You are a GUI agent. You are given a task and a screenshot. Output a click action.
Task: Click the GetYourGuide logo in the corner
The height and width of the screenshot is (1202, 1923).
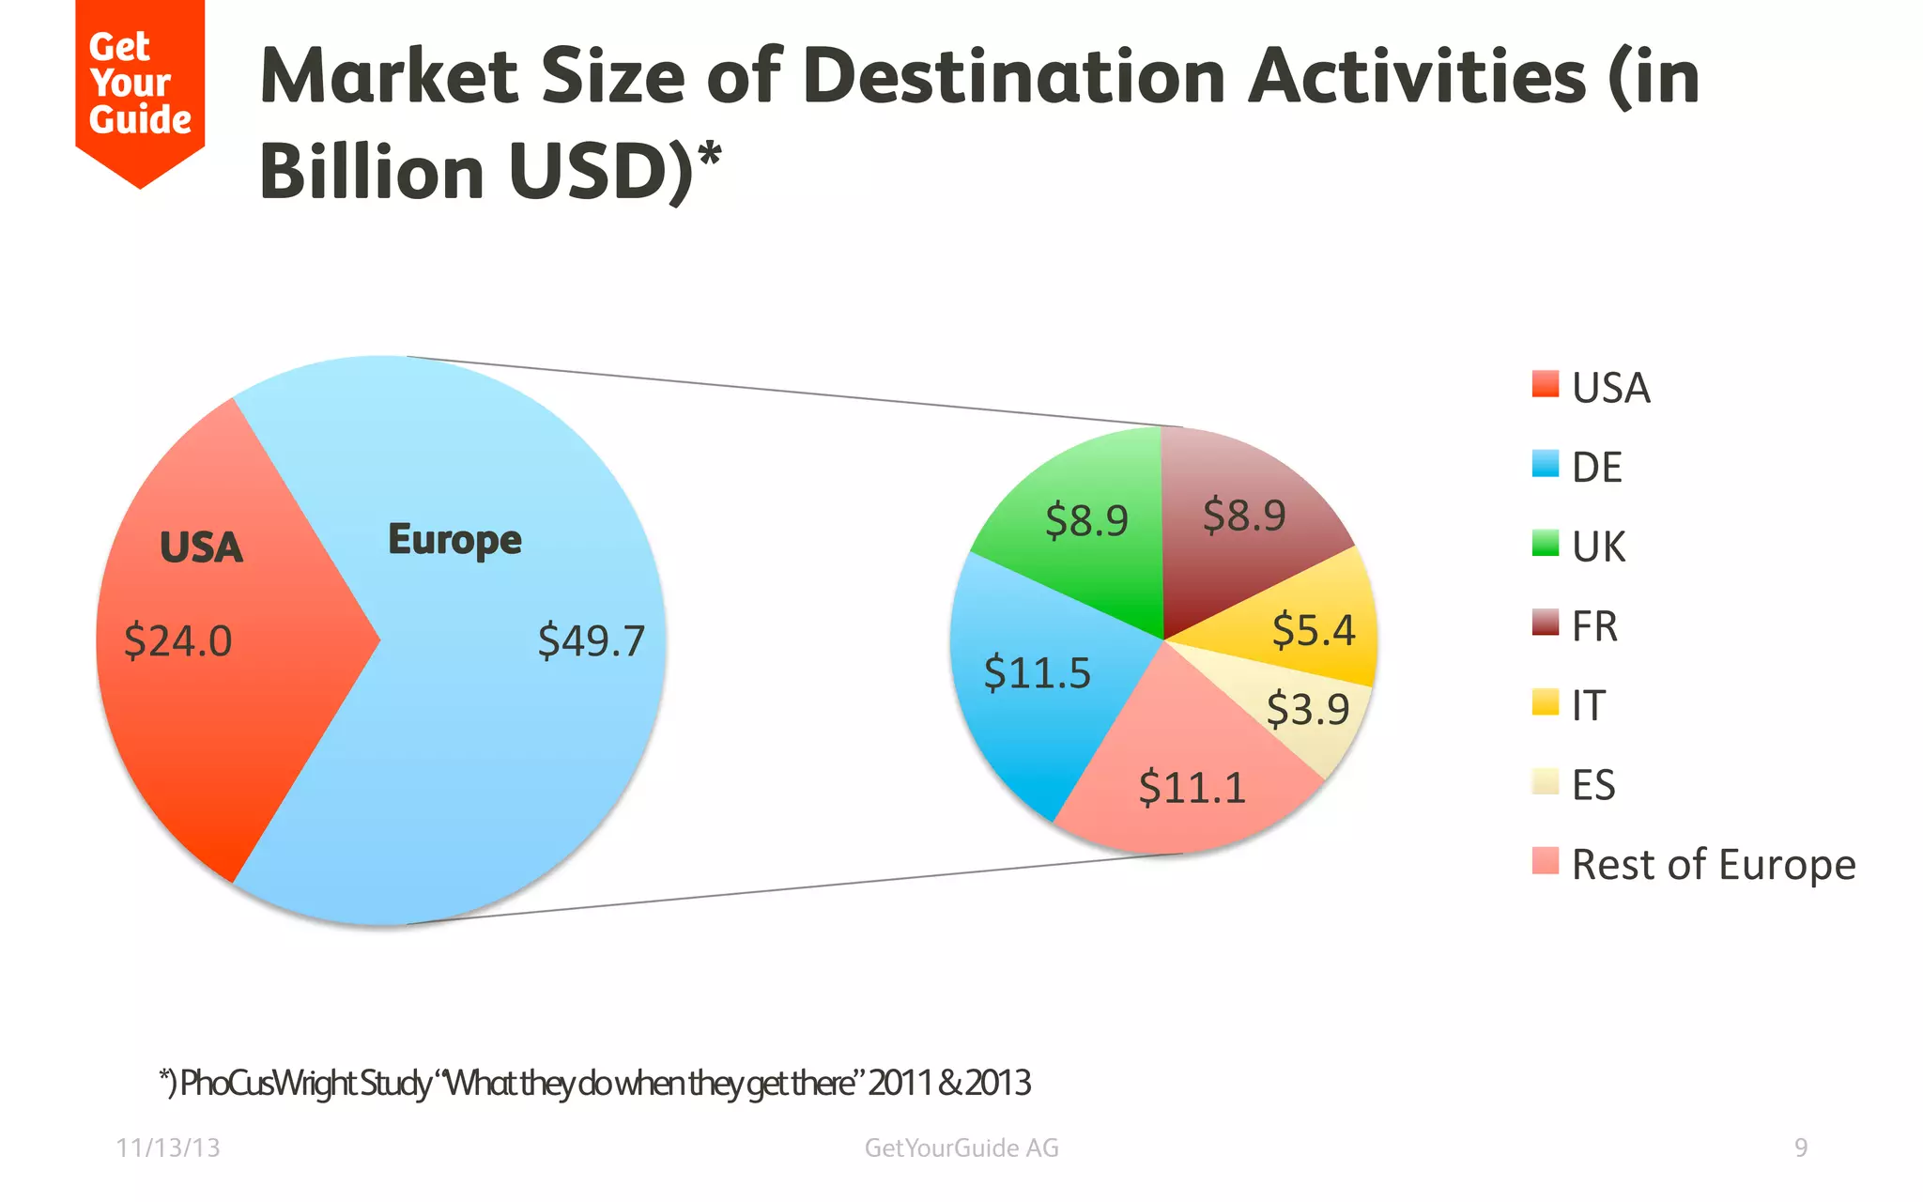[x=140, y=85]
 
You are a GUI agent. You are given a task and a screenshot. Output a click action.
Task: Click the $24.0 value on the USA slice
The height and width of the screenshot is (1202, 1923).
[x=177, y=641]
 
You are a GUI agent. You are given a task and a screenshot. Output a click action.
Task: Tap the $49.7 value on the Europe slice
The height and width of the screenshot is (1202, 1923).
[x=592, y=641]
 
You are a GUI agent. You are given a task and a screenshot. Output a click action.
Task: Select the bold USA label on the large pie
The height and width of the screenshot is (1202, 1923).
[x=201, y=547]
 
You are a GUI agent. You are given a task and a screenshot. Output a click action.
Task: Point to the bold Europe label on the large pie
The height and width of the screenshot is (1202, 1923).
[x=454, y=540]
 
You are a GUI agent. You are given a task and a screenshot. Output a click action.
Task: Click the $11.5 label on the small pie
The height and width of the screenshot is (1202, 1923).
[x=1038, y=673]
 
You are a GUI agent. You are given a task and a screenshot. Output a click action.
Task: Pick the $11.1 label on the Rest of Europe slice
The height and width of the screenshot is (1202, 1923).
[x=1192, y=787]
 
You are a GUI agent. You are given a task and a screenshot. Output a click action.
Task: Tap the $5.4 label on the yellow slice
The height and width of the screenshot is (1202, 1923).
[x=1314, y=629]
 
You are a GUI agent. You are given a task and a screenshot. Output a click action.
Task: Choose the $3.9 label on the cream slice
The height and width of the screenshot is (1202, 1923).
[x=1308, y=708]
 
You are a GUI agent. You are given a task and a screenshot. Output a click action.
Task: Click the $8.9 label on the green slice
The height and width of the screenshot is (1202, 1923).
[x=1086, y=520]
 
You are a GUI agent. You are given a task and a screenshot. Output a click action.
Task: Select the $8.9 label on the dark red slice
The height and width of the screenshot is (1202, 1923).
[x=1244, y=516]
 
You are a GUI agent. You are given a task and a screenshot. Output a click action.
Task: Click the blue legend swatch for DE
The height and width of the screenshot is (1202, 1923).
[x=1545, y=464]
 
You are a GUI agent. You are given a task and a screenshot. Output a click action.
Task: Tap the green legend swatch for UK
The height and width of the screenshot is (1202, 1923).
[x=1545, y=543]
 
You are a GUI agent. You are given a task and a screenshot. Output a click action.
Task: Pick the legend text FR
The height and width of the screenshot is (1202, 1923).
[x=1594, y=626]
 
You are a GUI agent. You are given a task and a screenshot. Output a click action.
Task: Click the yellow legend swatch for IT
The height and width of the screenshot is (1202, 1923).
[x=1545, y=701]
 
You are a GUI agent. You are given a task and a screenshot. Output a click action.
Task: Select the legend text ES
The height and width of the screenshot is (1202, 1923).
[x=1593, y=785]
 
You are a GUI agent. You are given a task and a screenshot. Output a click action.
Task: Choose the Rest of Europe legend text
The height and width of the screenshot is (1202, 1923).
[x=1714, y=865]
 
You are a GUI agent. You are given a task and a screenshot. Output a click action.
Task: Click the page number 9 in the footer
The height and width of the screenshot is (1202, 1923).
[x=1801, y=1148]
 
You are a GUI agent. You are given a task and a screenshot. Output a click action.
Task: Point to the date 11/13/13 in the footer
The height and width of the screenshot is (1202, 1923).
[x=168, y=1148]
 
